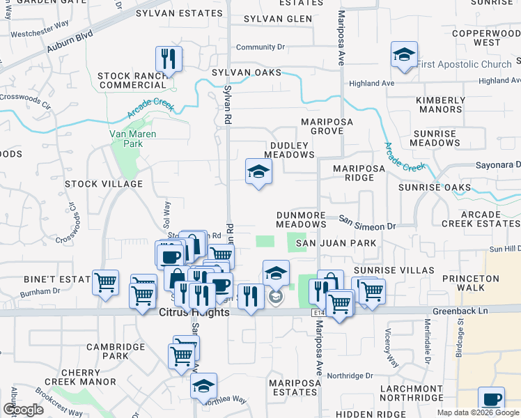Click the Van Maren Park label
click(x=132, y=139)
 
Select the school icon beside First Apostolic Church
click(x=403, y=56)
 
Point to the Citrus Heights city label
click(x=194, y=313)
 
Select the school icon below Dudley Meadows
click(x=258, y=172)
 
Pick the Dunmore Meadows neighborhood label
click(x=301, y=220)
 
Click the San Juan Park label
click(x=336, y=243)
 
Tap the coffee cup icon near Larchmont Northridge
click(x=491, y=400)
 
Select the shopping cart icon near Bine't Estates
click(x=106, y=284)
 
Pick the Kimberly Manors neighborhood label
click(x=440, y=104)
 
